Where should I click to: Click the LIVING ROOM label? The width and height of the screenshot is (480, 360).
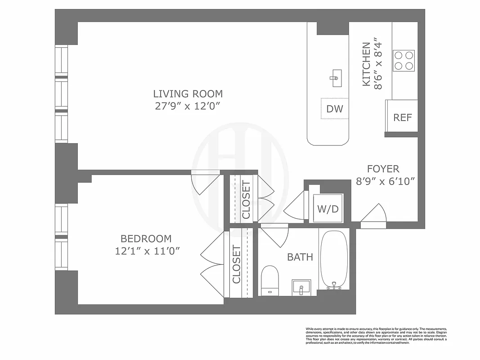(188, 94)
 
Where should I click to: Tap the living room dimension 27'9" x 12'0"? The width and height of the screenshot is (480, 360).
(188, 106)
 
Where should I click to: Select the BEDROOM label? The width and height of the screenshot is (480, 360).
(146, 239)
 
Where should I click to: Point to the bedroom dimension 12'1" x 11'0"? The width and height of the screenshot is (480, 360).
(147, 251)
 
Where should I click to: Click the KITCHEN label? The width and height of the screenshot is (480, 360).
(367, 64)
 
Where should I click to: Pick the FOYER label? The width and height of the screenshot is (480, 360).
(383, 169)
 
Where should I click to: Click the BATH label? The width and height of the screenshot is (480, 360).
(300, 257)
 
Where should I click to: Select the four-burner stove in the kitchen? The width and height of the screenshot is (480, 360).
(404, 60)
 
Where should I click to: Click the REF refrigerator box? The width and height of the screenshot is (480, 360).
(402, 117)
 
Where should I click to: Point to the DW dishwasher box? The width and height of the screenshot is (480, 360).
(334, 108)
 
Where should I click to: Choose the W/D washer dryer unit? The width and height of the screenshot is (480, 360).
(328, 208)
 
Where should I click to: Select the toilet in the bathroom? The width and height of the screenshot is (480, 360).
(270, 279)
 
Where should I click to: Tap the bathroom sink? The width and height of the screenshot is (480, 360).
(301, 286)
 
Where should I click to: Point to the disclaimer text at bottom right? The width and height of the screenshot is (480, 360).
(376, 335)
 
